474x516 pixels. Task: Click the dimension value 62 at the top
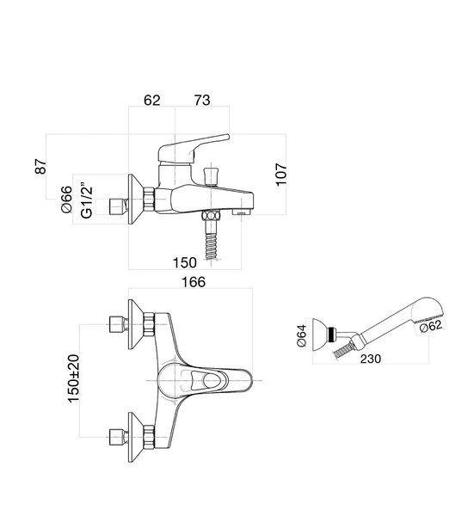point(151,101)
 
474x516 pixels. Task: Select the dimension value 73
point(202,101)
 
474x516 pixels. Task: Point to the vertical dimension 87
point(40,167)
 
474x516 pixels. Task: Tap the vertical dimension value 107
point(281,175)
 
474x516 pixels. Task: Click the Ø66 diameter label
point(66,200)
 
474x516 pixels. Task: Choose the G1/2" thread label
point(87,200)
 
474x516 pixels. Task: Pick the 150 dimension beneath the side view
point(185,262)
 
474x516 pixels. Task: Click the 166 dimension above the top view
point(194,282)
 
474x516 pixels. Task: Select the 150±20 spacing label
point(73,378)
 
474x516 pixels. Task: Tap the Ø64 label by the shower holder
point(301,335)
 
